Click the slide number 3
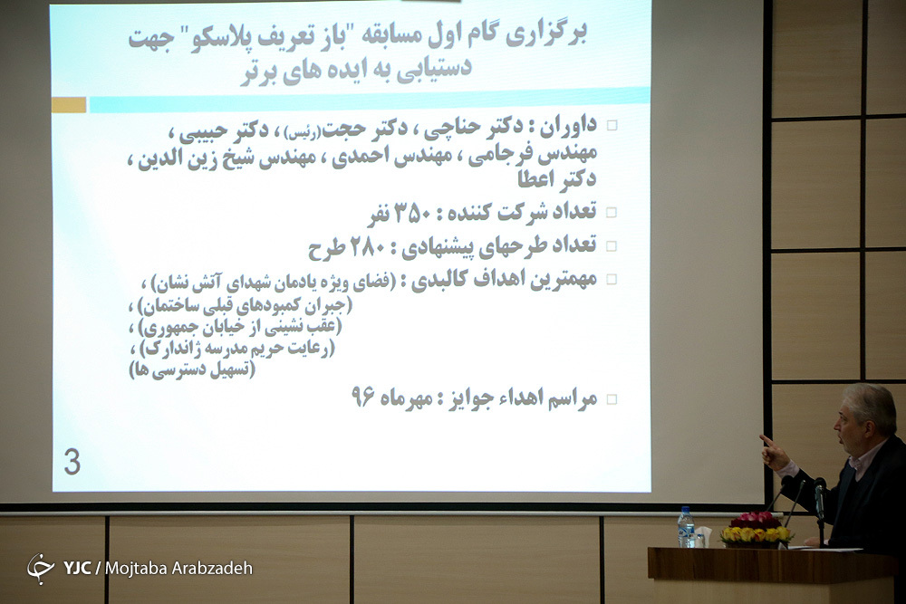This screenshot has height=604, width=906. pos(72,463)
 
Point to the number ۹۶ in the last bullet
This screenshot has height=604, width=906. pos(363,396)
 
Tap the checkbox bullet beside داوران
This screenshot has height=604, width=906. pos(612,125)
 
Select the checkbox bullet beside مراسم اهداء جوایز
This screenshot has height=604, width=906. pos(612,399)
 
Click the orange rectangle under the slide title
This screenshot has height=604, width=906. pos(69,105)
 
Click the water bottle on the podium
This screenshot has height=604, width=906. pos(686,527)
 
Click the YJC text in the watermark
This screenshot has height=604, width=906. pos(77,568)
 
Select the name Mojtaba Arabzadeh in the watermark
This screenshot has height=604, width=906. pos(179,568)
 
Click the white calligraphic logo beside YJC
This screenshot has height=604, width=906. pos(41,568)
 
